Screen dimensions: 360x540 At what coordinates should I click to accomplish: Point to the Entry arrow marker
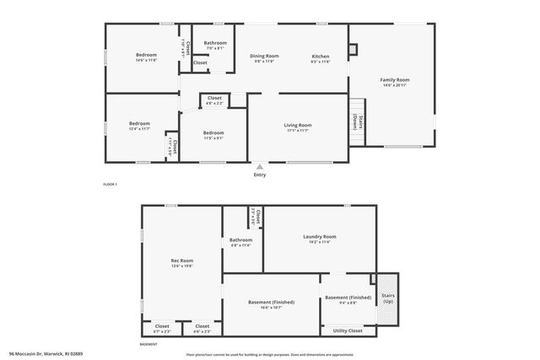[x=259, y=166]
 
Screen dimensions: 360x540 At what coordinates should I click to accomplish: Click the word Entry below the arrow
[x=259, y=175]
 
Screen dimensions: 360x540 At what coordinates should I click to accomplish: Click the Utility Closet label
[x=348, y=331]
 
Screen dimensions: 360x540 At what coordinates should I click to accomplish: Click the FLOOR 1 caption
[x=110, y=184]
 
